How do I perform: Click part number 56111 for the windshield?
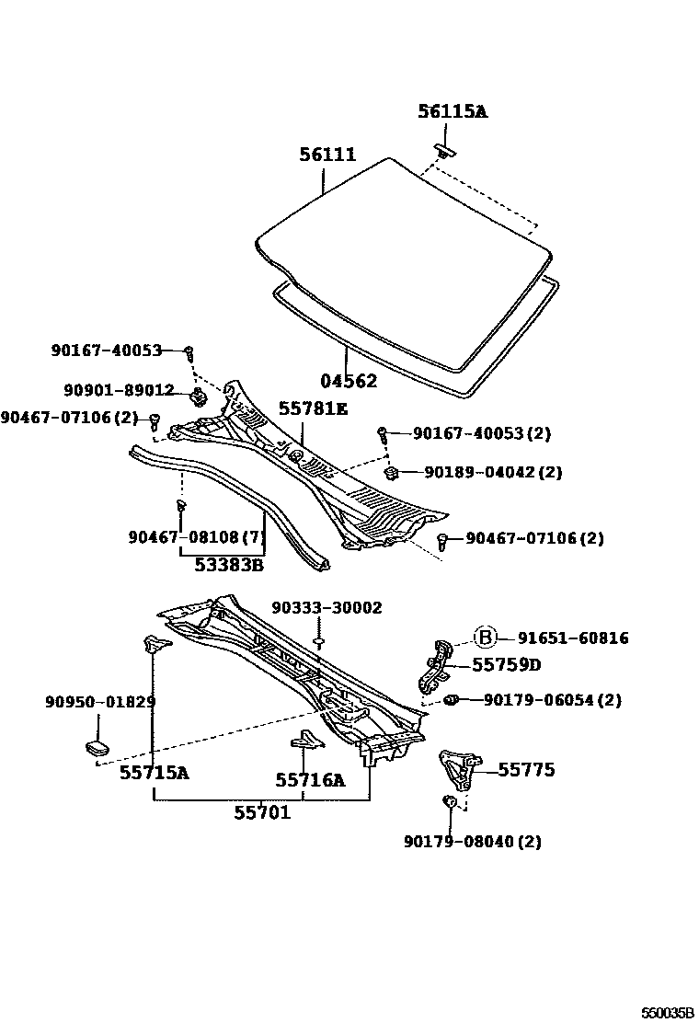click(327, 155)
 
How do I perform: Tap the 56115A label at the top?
click(452, 112)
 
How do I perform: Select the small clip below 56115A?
click(443, 150)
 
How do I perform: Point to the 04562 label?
click(349, 380)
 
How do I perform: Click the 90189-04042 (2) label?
click(492, 473)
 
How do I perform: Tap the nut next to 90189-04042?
click(390, 473)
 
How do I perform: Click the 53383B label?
click(229, 565)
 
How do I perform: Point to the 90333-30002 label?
click(327, 608)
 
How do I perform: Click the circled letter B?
click(485, 638)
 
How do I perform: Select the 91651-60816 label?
click(572, 638)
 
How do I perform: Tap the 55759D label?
click(506, 664)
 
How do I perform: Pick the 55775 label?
click(526, 770)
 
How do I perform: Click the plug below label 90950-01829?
click(98, 746)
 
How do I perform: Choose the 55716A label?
click(310, 781)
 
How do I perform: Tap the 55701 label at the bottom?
click(262, 812)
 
